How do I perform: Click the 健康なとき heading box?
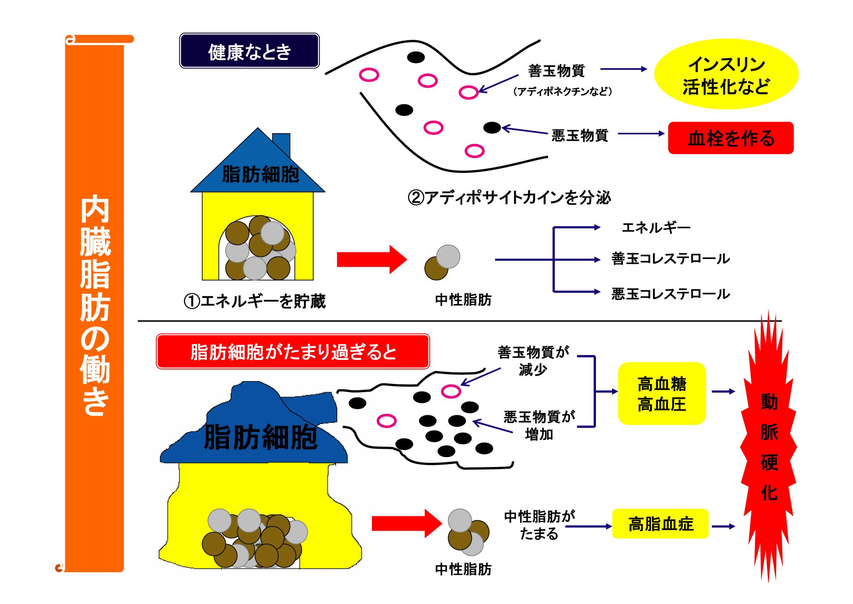coord(249,51)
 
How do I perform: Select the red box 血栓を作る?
coord(731,138)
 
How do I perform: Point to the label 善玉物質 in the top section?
coord(557,71)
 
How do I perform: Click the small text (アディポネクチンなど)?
coord(562,92)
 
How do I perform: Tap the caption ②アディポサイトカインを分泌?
coord(509,198)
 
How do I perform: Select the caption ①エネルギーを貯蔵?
coord(255,301)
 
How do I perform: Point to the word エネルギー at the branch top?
coord(656,228)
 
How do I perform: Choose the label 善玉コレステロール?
coord(670,259)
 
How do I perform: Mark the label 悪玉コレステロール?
coord(670,294)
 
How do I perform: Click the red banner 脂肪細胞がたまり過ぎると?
coord(293,352)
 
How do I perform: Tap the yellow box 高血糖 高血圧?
coord(662,393)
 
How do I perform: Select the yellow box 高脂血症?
coord(660,524)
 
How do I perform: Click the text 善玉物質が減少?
coord(533,361)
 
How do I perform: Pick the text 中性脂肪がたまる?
coord(539,525)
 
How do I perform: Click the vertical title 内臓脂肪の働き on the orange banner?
coord(95,306)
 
